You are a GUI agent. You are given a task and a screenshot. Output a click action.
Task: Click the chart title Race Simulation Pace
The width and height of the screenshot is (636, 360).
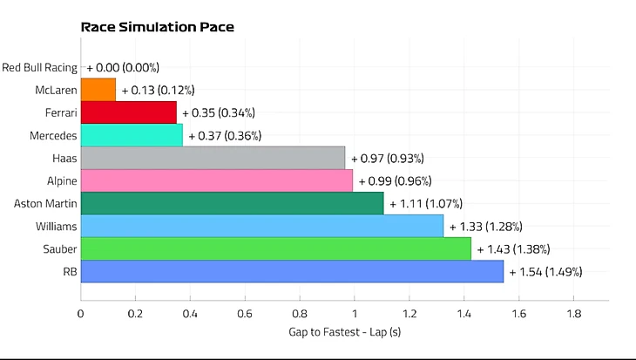[x=157, y=26]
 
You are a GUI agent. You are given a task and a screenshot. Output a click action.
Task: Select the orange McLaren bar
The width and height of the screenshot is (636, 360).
[x=98, y=90]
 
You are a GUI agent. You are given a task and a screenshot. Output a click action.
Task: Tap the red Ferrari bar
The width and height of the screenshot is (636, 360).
[x=128, y=112]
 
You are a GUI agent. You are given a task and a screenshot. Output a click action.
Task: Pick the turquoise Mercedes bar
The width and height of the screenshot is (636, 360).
[x=132, y=135]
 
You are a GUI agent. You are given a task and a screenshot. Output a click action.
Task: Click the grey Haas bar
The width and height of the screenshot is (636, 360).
[x=213, y=159]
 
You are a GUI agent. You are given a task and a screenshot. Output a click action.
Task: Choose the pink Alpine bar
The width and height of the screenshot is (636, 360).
[x=216, y=181]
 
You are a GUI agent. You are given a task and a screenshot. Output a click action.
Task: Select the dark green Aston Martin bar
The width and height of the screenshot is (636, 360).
[x=232, y=204]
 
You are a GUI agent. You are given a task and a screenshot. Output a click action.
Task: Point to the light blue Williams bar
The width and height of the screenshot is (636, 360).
[x=261, y=227]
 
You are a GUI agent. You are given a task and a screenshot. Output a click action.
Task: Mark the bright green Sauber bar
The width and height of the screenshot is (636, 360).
[x=275, y=249]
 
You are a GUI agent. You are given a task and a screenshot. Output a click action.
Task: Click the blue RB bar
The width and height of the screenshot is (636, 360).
[x=291, y=272]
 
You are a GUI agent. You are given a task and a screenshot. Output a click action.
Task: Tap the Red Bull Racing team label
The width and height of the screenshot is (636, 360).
[x=40, y=67]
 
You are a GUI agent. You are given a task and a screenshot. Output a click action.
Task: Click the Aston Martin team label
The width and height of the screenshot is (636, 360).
[x=46, y=204]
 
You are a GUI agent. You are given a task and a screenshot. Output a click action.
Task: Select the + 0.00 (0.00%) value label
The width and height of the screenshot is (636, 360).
[x=123, y=67]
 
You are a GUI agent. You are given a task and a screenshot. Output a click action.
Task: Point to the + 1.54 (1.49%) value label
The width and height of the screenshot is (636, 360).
[x=545, y=272]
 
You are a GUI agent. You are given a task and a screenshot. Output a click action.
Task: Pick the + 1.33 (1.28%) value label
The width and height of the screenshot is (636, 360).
[x=485, y=227]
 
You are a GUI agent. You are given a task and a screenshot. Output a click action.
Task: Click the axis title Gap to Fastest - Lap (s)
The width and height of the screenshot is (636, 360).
[x=344, y=332]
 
